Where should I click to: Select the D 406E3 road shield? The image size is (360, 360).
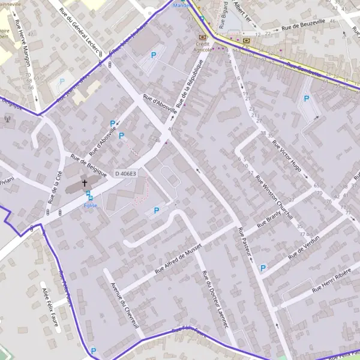(125, 173)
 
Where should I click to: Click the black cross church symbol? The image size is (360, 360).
(85, 183)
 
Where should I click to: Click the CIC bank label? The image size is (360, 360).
(247, 47)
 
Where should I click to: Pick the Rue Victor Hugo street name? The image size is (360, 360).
(287, 155)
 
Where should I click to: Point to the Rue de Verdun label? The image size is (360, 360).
(304, 246)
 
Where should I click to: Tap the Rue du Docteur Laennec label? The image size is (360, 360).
(215, 299)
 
